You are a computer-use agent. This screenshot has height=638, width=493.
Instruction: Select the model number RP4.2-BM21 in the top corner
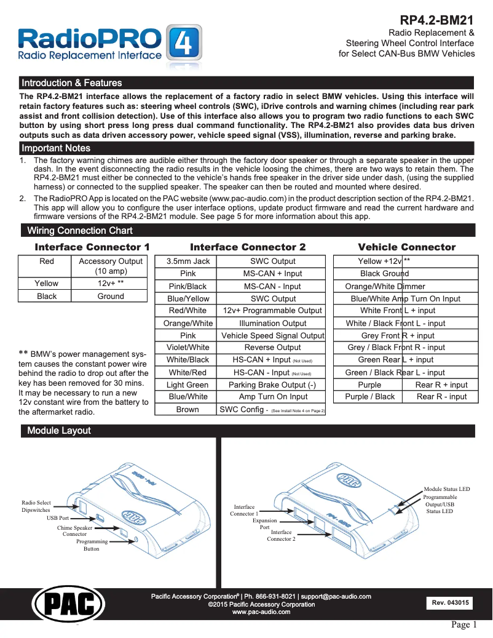(437, 20)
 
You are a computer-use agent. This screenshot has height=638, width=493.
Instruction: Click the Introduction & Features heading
(72, 83)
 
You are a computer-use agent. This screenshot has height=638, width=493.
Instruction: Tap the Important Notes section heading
(56, 148)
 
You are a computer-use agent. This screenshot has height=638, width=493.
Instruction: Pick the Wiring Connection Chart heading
(80, 231)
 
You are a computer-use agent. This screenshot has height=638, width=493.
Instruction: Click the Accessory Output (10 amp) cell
(111, 266)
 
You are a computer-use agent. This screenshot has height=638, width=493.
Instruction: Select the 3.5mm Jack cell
(188, 261)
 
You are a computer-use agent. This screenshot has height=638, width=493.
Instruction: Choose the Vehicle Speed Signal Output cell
(272, 336)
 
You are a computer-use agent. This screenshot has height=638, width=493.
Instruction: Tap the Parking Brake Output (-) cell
(272, 385)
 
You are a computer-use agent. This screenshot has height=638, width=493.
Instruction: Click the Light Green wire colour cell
(188, 385)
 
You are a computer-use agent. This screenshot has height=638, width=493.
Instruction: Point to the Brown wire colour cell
(188, 410)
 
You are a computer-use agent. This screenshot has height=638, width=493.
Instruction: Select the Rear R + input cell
(441, 385)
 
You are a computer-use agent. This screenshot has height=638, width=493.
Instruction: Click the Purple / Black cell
(369, 397)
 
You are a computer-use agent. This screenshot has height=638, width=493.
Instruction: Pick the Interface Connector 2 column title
(248, 247)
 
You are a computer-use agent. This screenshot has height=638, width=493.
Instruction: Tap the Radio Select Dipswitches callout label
(36, 506)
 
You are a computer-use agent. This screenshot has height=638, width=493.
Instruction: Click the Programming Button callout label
(92, 545)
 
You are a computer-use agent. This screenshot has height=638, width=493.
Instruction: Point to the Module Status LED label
(446, 489)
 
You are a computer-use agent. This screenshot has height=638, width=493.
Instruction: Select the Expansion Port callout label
(265, 524)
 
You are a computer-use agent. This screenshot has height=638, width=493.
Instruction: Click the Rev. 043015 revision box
(451, 603)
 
